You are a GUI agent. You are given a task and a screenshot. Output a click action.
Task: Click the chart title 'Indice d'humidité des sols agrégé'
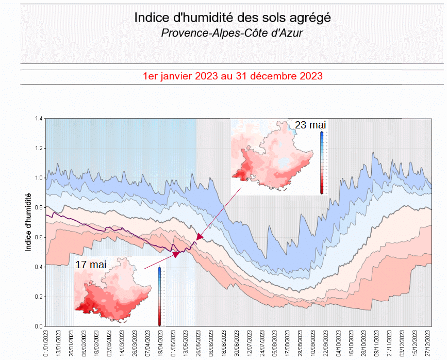coord(233,18)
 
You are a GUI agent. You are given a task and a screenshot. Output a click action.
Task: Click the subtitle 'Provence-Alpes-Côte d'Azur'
coord(232,33)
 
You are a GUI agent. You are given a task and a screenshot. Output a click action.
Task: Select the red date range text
coord(233,76)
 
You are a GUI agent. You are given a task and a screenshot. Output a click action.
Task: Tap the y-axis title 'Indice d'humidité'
coord(29,222)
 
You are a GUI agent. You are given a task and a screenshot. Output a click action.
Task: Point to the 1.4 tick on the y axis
coord(39,119)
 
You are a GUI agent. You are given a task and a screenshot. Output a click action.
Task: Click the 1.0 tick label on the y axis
coord(39,178)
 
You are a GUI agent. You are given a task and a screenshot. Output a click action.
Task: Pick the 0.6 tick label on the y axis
coord(39,237)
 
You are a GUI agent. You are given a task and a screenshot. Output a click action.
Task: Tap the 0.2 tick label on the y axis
coord(39,297)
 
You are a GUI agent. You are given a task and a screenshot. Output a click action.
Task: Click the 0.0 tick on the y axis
coord(39,326)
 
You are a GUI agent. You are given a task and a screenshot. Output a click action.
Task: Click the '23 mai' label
coord(310,124)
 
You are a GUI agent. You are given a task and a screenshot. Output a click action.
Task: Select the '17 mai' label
coord(91,264)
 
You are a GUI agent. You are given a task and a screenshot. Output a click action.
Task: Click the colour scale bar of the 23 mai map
coord(321,162)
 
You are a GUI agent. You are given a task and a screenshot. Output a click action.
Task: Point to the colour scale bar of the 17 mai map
coord(159,296)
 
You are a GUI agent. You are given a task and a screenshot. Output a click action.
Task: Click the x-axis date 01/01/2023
coord(46,343)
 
